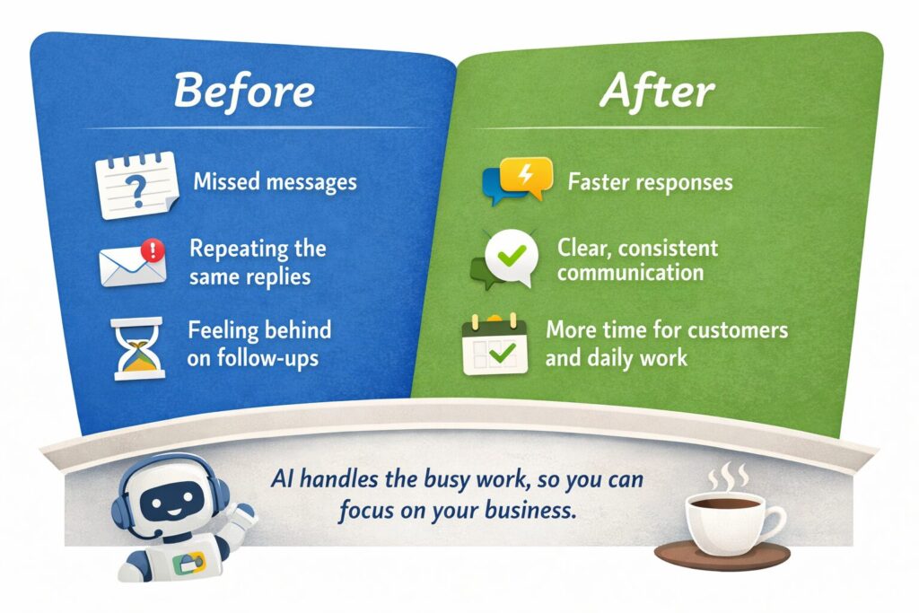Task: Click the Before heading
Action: pos(244,91)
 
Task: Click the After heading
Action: pos(657,92)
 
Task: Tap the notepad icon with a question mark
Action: pos(137,185)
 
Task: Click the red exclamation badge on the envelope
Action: pos(153,250)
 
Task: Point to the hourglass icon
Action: pos(136,349)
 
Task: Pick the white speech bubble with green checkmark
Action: pos(511,258)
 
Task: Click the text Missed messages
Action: pos(275,181)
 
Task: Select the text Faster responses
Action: pos(650,182)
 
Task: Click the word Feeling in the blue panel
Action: pos(223,330)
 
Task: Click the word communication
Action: pos(630,273)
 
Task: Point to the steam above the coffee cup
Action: pos(728,477)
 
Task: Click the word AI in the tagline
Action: pos(282,479)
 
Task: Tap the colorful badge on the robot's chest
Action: pos(188,563)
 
